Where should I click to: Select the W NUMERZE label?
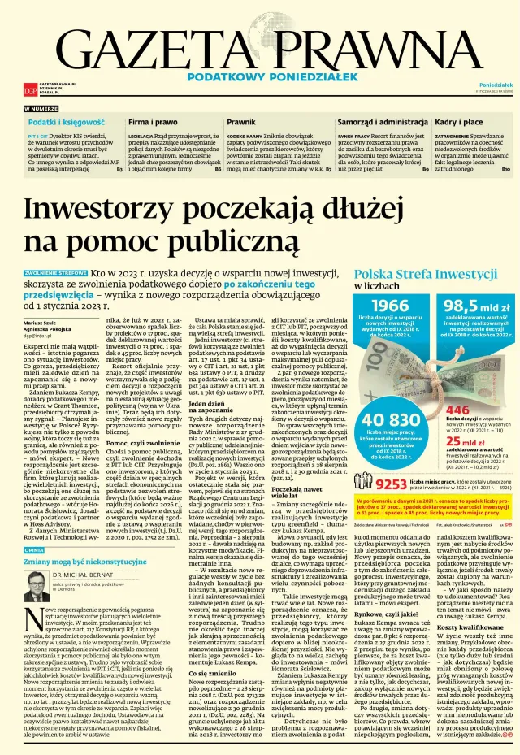click(41, 109)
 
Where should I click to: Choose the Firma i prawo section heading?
click(153, 121)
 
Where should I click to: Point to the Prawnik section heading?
click(241, 121)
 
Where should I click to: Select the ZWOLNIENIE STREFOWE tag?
click(55, 274)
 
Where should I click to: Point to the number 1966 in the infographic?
click(390, 305)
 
